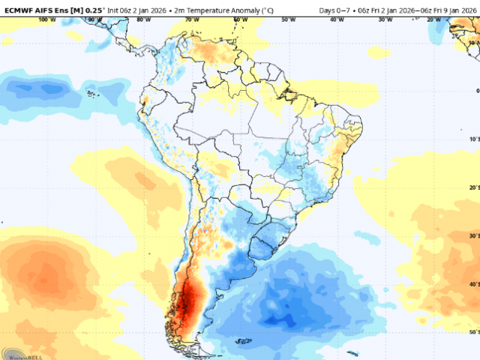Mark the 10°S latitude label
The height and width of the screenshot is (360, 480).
[x=473, y=139]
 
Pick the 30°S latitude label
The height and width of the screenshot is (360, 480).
[x=473, y=235]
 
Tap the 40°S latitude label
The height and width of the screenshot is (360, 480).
[x=473, y=283]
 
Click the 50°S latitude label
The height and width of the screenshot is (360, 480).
[x=473, y=331]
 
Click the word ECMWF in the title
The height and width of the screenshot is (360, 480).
[x=19, y=9]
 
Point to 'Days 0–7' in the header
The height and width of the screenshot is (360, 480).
[x=334, y=9]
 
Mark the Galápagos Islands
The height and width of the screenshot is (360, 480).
[x=92, y=94]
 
